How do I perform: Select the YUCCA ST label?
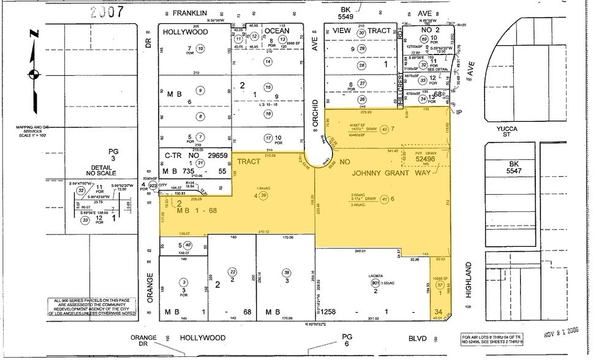pos(511,132)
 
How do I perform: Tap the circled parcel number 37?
pos(439,285)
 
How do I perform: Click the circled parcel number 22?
pos(232,271)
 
